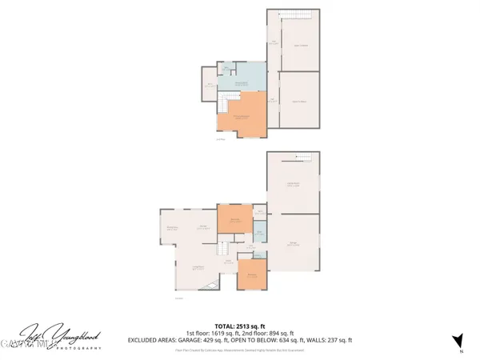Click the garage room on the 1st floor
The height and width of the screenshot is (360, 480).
click(x=293, y=239)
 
